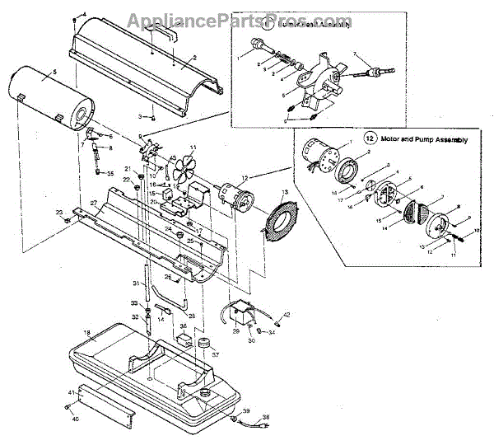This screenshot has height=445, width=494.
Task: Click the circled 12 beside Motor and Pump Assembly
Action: coord(369,140)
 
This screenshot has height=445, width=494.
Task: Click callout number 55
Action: coord(111,174)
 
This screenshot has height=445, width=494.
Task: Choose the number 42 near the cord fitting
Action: coord(287,315)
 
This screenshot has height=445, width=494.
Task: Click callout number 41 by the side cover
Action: coord(72,391)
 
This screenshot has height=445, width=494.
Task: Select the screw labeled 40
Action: coord(65,408)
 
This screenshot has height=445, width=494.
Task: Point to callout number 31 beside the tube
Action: coord(137,283)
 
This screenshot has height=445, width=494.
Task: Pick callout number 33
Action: coord(134,304)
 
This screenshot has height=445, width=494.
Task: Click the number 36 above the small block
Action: coord(184,326)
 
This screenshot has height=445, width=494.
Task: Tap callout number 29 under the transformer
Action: coord(235,330)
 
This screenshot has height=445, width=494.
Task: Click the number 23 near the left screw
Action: coord(59,213)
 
